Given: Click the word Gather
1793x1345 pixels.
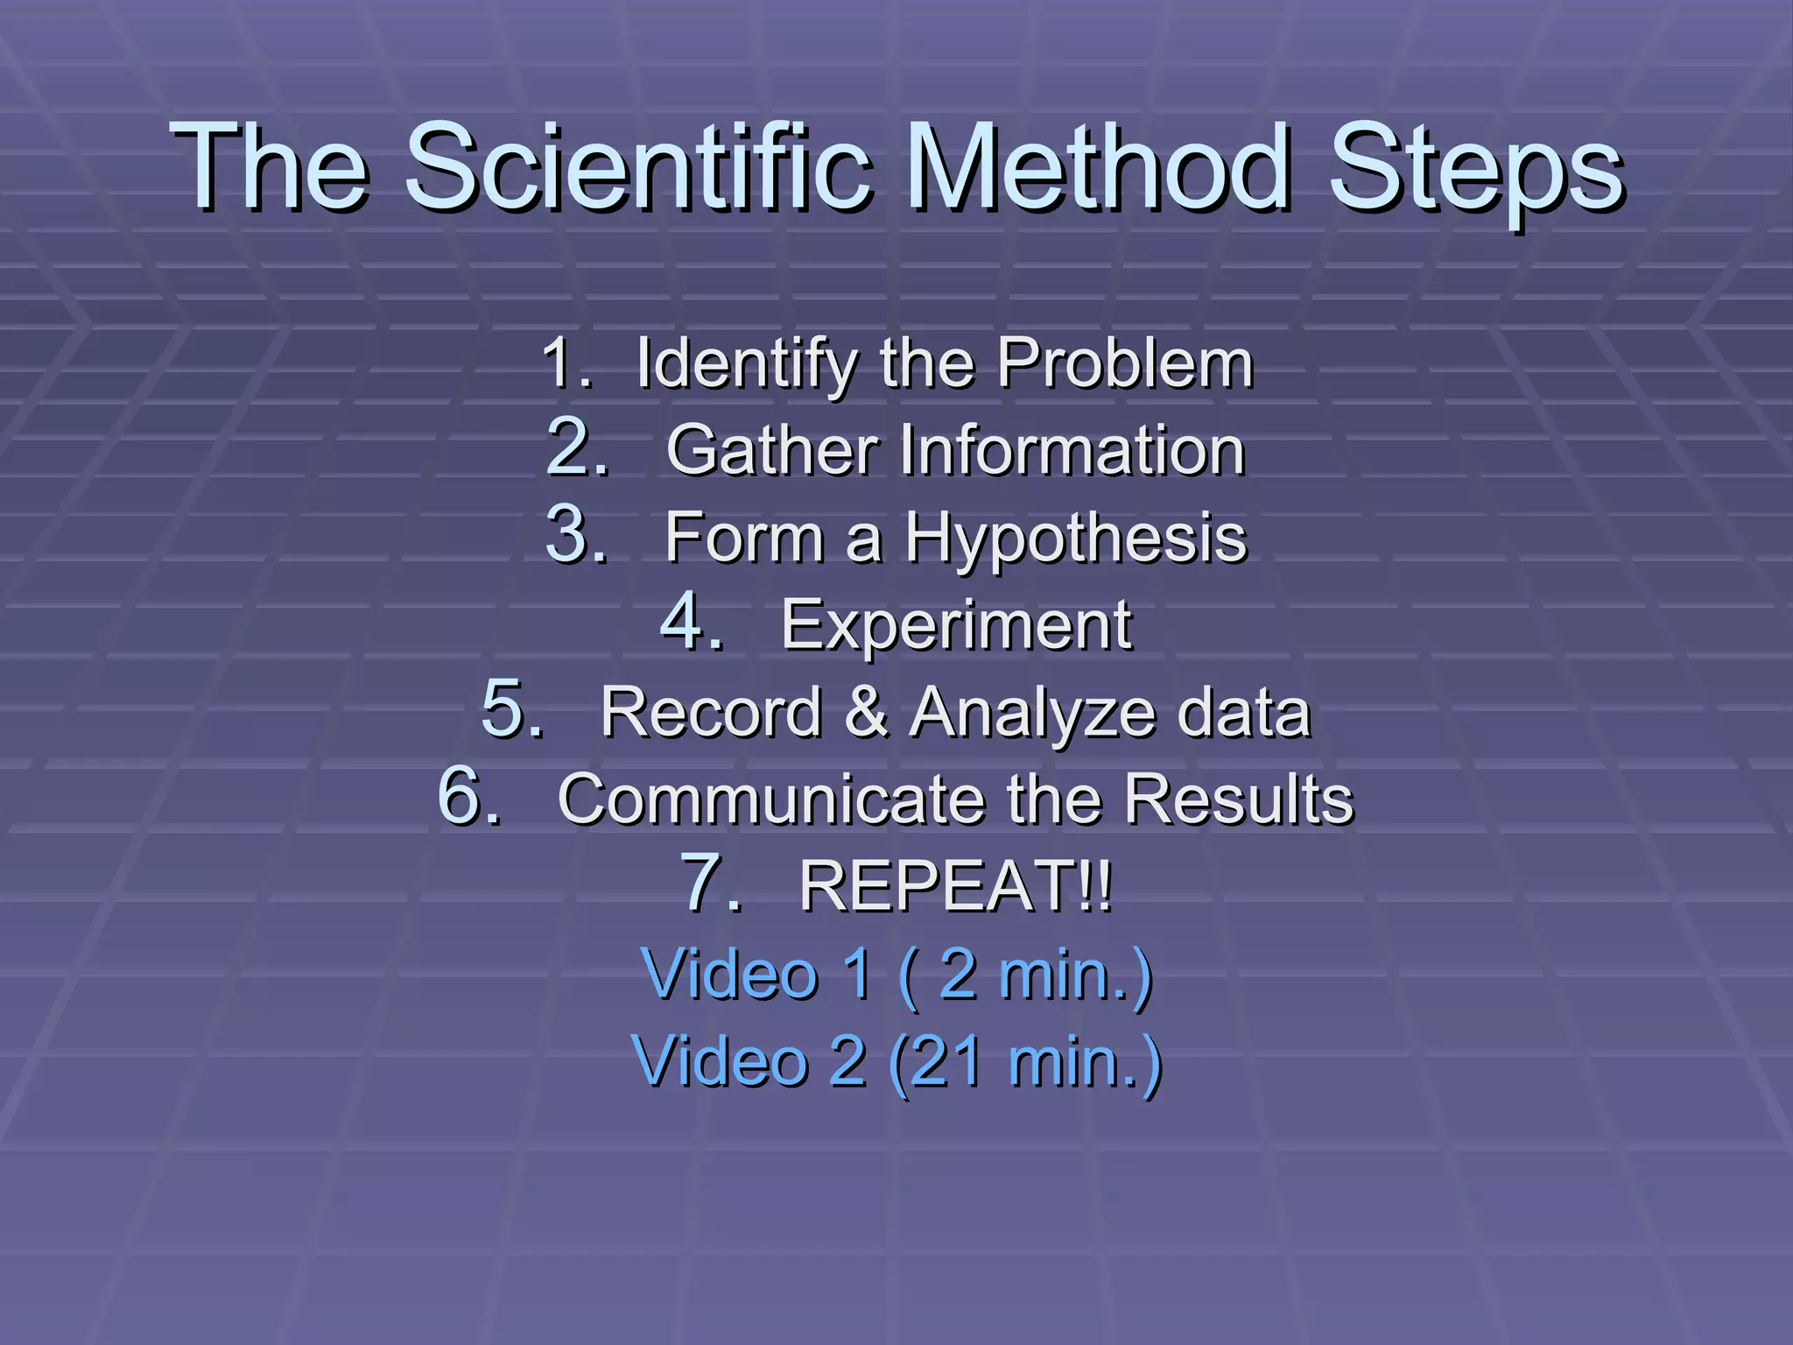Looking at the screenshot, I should click(771, 450).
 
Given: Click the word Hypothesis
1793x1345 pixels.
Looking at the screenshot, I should click(1075, 539).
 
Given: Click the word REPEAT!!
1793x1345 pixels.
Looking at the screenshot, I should click(955, 886).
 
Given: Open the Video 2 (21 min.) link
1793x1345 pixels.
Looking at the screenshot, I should click(896, 1061).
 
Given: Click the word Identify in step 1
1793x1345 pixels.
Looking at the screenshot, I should click(746, 364).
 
